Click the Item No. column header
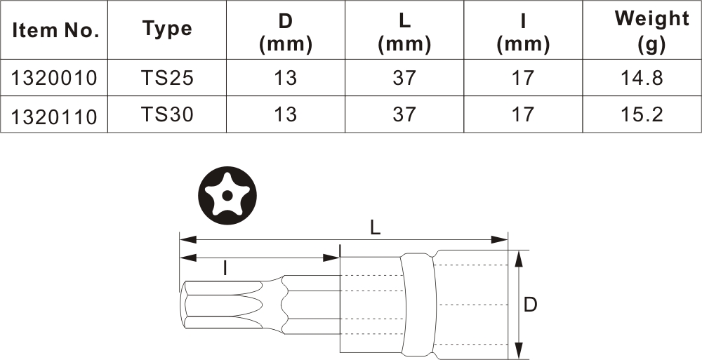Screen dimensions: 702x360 tap(55, 30)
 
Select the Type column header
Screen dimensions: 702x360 tap(168, 29)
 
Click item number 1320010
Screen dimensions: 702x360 tap(54, 79)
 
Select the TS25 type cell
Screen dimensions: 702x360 tap(168, 78)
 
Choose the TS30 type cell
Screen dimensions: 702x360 tap(168, 114)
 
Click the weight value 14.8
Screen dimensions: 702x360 tap(642, 78)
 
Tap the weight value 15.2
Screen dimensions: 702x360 tap(642, 114)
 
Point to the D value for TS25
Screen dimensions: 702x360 tap(285, 78)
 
